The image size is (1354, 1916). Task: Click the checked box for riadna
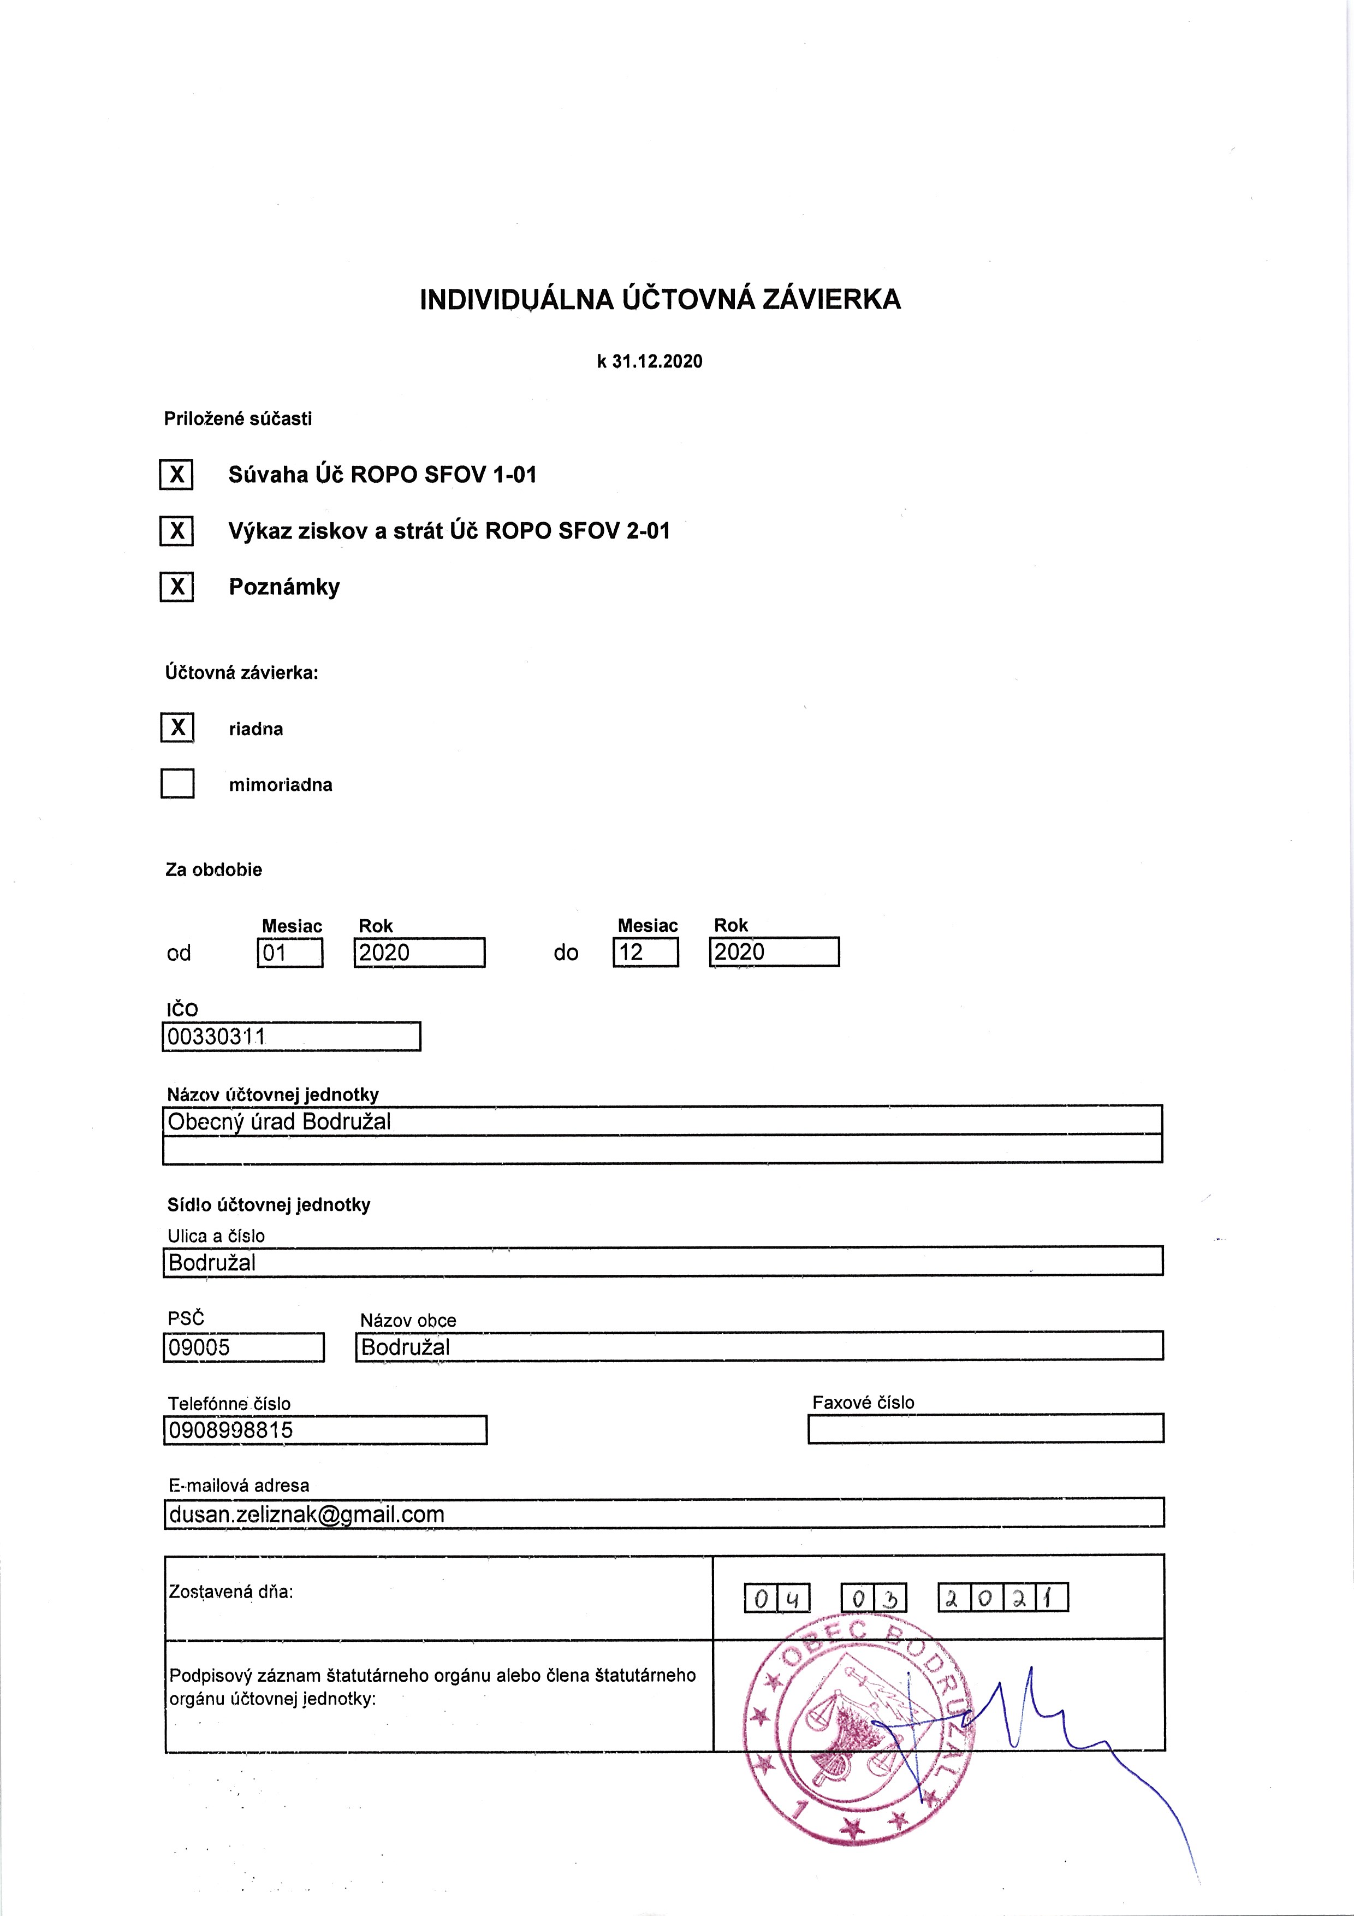[177, 728]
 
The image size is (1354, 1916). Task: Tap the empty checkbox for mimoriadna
[177, 784]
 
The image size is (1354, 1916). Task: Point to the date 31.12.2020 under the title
[657, 362]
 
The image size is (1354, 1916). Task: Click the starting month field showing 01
[289, 952]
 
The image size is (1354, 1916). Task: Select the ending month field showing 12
[645, 952]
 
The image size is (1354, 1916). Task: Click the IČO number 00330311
[290, 1037]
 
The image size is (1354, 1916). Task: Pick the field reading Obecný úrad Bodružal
[662, 1121]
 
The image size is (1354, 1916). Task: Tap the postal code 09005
[243, 1347]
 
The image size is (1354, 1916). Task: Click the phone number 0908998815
[324, 1429]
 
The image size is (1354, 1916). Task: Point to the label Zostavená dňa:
[231, 1592]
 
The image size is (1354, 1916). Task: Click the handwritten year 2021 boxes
[1003, 1597]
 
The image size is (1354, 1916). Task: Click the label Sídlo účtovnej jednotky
[269, 1204]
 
